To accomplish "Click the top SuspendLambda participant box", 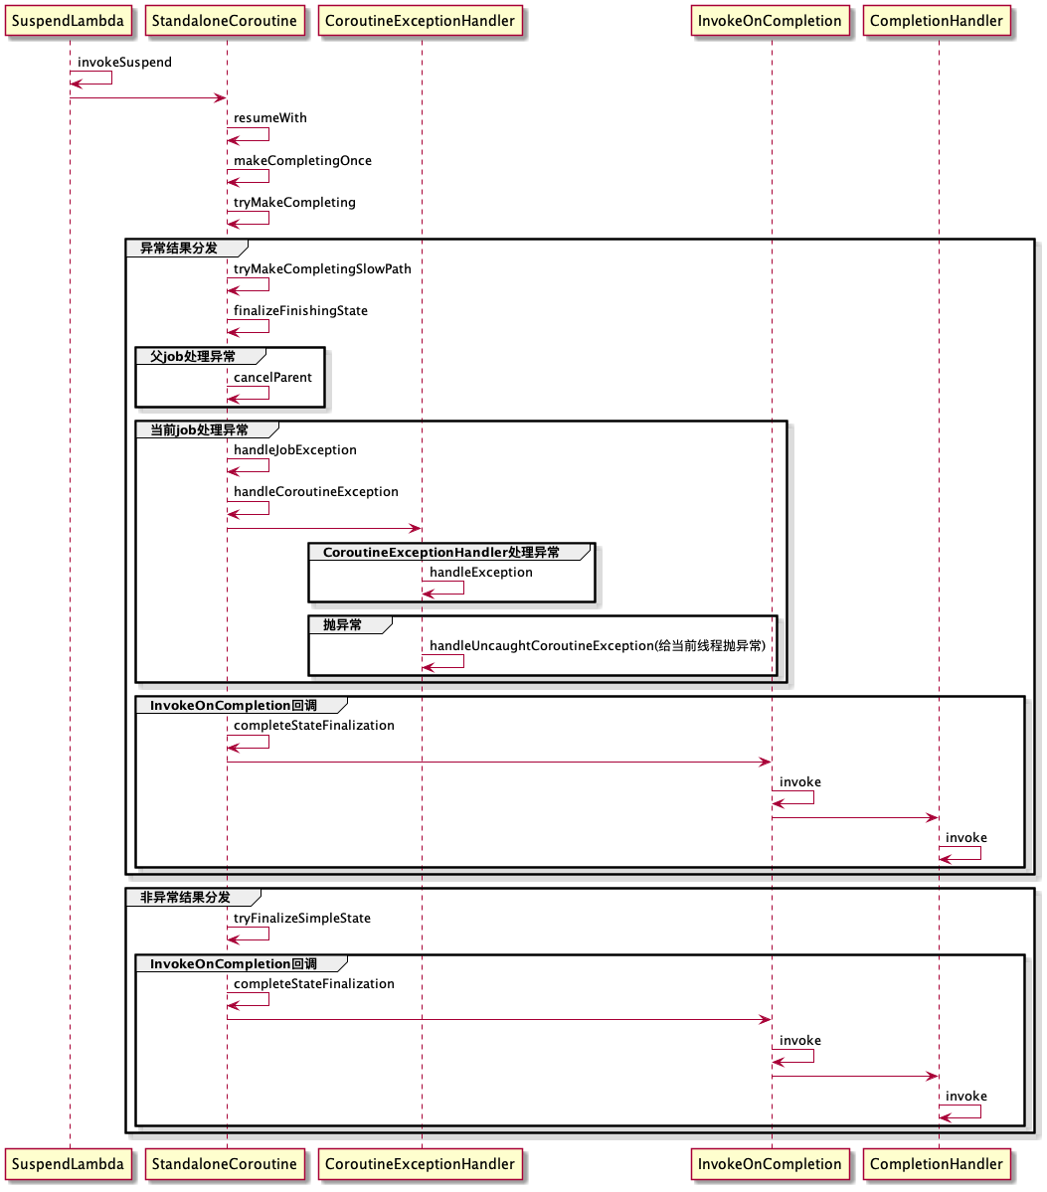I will pyautogui.click(x=68, y=21).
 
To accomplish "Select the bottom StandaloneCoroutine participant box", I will pyautogui.click(x=224, y=1164).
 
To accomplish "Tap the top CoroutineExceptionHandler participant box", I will pyautogui.click(x=420, y=21).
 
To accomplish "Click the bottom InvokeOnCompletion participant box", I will pyautogui.click(x=770, y=1164).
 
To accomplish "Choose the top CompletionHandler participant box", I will pyautogui.click(x=937, y=21).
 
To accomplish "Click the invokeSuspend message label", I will pyautogui.click(x=124, y=63).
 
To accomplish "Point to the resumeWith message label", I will pyautogui.click(x=270, y=118).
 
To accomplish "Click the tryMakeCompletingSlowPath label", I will pyautogui.click(x=322, y=269).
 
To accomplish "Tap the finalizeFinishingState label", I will pyautogui.click(x=300, y=311).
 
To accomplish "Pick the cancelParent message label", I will pyautogui.click(x=272, y=378).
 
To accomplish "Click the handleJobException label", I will pyautogui.click(x=295, y=450).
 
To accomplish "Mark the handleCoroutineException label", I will pyautogui.click(x=316, y=492).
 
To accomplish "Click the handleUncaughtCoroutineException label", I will pyautogui.click(x=598, y=646).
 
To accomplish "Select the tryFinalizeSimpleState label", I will pyautogui.click(x=302, y=919).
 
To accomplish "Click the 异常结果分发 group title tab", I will pyautogui.click(x=179, y=248).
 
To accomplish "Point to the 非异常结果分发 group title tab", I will pyautogui.click(x=186, y=898).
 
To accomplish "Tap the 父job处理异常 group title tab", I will pyautogui.click(x=194, y=356).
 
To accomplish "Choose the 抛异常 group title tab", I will pyautogui.click(x=343, y=625).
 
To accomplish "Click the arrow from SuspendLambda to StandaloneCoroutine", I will pyautogui.click(x=148, y=97).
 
